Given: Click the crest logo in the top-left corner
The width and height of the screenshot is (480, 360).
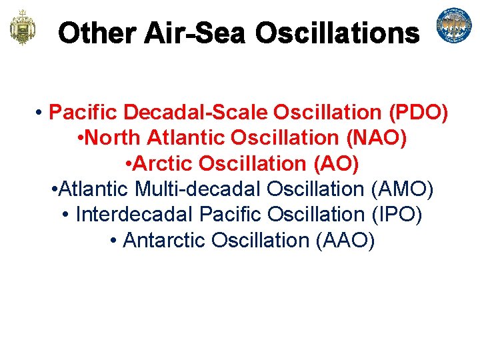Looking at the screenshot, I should (x=21, y=27).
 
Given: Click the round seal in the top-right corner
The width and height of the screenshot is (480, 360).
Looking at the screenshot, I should (x=454, y=25).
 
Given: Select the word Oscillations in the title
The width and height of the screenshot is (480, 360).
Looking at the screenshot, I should (x=337, y=33).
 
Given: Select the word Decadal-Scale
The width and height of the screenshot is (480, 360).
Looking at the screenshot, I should (x=175, y=113).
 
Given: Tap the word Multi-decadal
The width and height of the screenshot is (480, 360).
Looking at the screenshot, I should (x=198, y=189).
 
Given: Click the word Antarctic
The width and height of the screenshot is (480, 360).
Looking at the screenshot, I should (x=165, y=239).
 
